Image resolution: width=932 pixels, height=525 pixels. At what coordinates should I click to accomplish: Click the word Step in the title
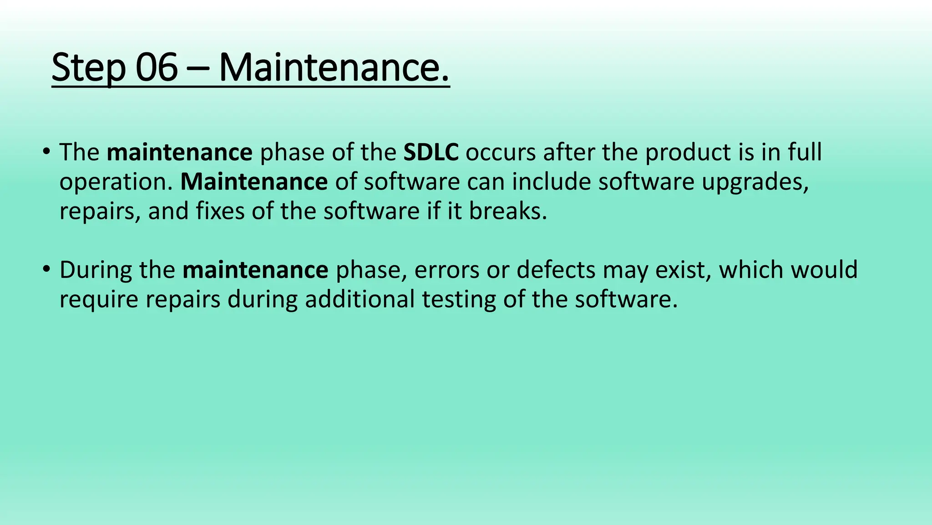pyautogui.click(x=88, y=68)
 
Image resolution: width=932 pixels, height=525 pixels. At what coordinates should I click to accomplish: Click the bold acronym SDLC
pyautogui.click(x=431, y=152)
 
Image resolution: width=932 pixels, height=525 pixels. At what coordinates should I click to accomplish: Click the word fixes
pyautogui.click(x=220, y=211)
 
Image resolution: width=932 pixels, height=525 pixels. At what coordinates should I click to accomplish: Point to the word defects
pyautogui.click(x=556, y=270)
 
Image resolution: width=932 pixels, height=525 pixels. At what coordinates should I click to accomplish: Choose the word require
pyautogui.click(x=99, y=300)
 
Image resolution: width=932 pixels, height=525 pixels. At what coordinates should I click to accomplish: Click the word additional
pyautogui.click(x=360, y=299)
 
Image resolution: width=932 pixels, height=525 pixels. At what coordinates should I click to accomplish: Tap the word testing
pyautogui.click(x=459, y=300)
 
